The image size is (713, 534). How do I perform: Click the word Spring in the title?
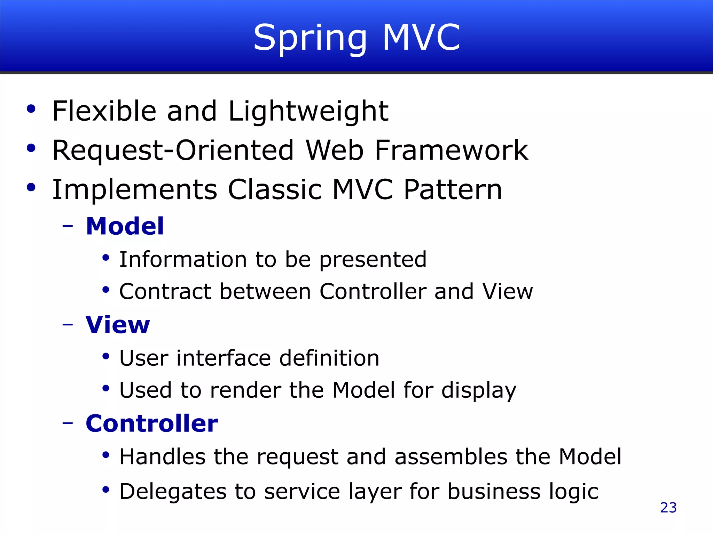(310, 38)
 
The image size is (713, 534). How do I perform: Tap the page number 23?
(668, 508)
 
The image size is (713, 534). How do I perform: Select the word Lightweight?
(308, 112)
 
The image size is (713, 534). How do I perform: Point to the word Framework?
(451, 151)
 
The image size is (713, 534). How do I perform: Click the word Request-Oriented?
(173, 151)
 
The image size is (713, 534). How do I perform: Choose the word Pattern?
(453, 190)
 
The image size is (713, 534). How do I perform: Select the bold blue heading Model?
(125, 226)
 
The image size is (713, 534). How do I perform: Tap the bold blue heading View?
(118, 325)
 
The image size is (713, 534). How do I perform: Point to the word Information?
(183, 259)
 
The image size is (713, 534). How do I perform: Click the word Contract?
(165, 291)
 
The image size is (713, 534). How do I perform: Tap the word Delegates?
(173, 492)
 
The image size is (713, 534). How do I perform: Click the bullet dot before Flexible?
(31, 109)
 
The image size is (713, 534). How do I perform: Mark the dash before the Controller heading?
(68, 423)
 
